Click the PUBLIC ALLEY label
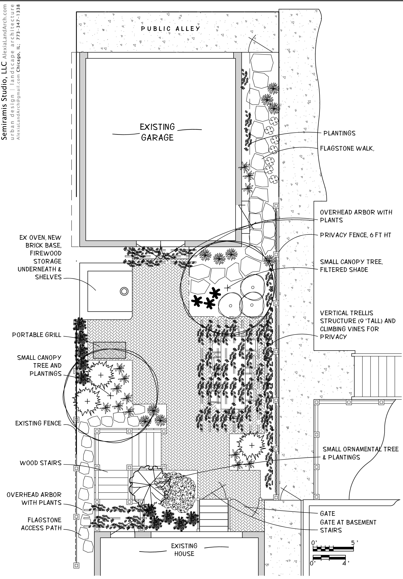(170, 29)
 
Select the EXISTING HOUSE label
(184, 550)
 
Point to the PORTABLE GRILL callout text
(37, 335)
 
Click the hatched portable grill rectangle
(109, 350)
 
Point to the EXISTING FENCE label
(38, 423)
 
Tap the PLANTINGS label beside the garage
(339, 133)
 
